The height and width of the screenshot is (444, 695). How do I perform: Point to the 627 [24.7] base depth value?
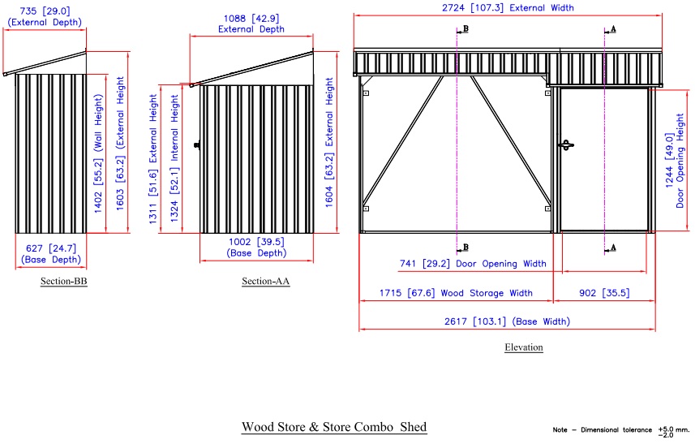click(x=51, y=248)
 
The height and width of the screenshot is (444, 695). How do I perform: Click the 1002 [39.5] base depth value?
click(x=255, y=241)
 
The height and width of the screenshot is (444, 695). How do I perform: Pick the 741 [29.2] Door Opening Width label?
click(x=473, y=264)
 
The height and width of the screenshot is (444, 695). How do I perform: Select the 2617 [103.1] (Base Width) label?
click(x=508, y=321)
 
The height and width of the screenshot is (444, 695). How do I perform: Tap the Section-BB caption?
click(x=63, y=282)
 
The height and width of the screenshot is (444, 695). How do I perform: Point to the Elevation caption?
click(x=523, y=347)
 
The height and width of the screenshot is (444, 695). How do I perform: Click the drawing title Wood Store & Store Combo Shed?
click(x=333, y=427)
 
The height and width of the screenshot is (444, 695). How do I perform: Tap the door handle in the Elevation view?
click(x=566, y=145)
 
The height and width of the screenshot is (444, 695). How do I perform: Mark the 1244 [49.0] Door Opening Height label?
click(x=675, y=159)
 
